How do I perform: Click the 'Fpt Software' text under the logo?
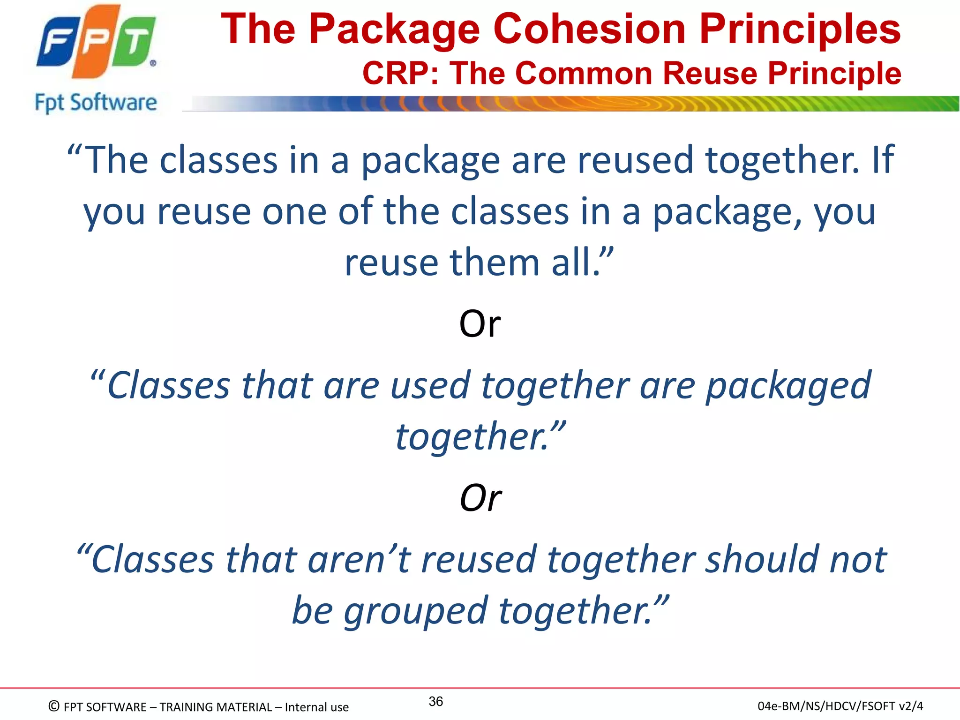96,103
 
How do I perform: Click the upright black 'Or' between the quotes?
480,324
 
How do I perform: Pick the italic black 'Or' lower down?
480,498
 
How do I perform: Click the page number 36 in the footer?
436,701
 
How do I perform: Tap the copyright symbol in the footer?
54,706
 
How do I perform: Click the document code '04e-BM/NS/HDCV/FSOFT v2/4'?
840,706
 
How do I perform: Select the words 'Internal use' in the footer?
316,707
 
